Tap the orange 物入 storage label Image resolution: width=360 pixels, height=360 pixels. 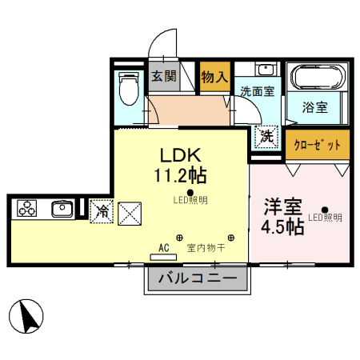(214, 78)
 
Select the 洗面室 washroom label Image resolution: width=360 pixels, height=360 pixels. (257, 90)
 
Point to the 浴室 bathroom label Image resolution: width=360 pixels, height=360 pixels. (314, 106)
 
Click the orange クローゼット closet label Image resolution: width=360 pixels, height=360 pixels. (318, 145)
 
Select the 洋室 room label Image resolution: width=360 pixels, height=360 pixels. (284, 206)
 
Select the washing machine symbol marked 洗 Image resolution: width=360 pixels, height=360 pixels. (265, 137)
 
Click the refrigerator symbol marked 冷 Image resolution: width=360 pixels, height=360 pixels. (102, 212)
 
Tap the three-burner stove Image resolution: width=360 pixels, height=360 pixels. (28, 209)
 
